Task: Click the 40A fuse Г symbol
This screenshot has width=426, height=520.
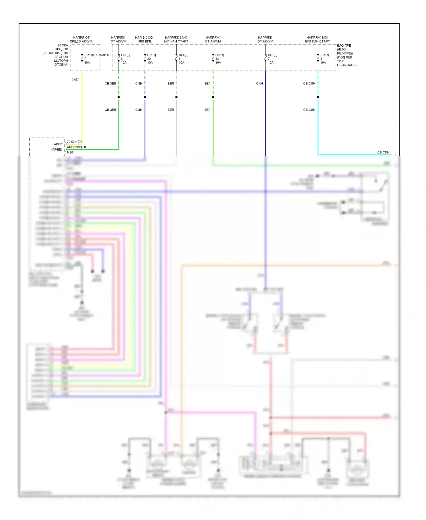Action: pyautogui.click(x=82, y=58)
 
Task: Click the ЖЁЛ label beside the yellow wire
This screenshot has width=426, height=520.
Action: pyautogui.click(x=76, y=80)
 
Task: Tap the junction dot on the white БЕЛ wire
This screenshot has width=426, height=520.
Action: pyautogui.click(x=176, y=97)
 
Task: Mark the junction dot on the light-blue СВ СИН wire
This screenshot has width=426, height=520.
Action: pyautogui.click(x=318, y=97)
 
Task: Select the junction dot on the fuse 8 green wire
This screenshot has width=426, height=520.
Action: pyautogui.click(x=119, y=97)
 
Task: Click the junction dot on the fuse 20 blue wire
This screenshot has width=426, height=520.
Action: pyautogui.click(x=145, y=97)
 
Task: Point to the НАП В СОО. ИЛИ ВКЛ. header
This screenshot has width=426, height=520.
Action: pyautogui.click(x=144, y=39)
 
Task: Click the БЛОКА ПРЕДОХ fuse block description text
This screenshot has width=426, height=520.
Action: pyautogui.click(x=56, y=55)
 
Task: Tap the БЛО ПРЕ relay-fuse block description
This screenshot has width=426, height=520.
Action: pyautogui.click(x=346, y=55)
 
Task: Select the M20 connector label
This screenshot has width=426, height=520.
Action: pyautogui.click(x=70, y=152)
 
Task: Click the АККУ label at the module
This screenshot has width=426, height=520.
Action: pyautogui.click(x=58, y=144)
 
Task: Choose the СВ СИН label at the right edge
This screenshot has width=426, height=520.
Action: pyautogui.click(x=383, y=152)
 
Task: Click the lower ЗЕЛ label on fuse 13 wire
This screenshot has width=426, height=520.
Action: pyautogui.click(x=207, y=110)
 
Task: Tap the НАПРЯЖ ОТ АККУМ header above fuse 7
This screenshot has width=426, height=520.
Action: pyautogui.click(x=265, y=39)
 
